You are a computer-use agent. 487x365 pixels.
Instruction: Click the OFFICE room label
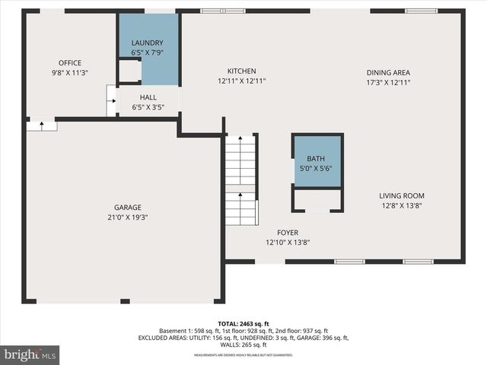pyautogui.click(x=70, y=63)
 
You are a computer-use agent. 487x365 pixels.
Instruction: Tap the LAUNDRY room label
pyautogui.click(x=147, y=43)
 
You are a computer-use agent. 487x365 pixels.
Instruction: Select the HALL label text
pyautogui.click(x=148, y=97)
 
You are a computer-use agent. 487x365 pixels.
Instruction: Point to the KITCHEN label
pyautogui.click(x=241, y=71)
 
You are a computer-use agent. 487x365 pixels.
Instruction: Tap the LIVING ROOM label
pyautogui.click(x=402, y=195)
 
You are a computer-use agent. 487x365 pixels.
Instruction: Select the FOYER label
pyautogui.click(x=288, y=233)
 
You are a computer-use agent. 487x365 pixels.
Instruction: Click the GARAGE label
pyautogui.click(x=128, y=207)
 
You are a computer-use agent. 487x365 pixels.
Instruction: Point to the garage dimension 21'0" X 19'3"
pyautogui.click(x=128, y=217)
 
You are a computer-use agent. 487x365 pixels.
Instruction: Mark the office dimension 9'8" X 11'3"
pyautogui.click(x=70, y=74)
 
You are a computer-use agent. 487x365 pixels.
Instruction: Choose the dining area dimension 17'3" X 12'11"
pyautogui.click(x=388, y=82)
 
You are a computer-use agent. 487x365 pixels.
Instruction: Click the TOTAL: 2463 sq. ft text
pyautogui.click(x=243, y=323)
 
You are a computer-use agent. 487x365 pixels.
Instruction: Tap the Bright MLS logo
pyautogui.click(x=30, y=354)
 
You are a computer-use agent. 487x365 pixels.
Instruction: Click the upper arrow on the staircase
pyautogui.click(x=241, y=141)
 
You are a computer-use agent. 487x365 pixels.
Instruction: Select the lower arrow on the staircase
pyautogui.click(x=241, y=196)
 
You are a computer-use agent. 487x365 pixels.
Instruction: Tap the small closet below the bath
pyautogui.click(x=317, y=200)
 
